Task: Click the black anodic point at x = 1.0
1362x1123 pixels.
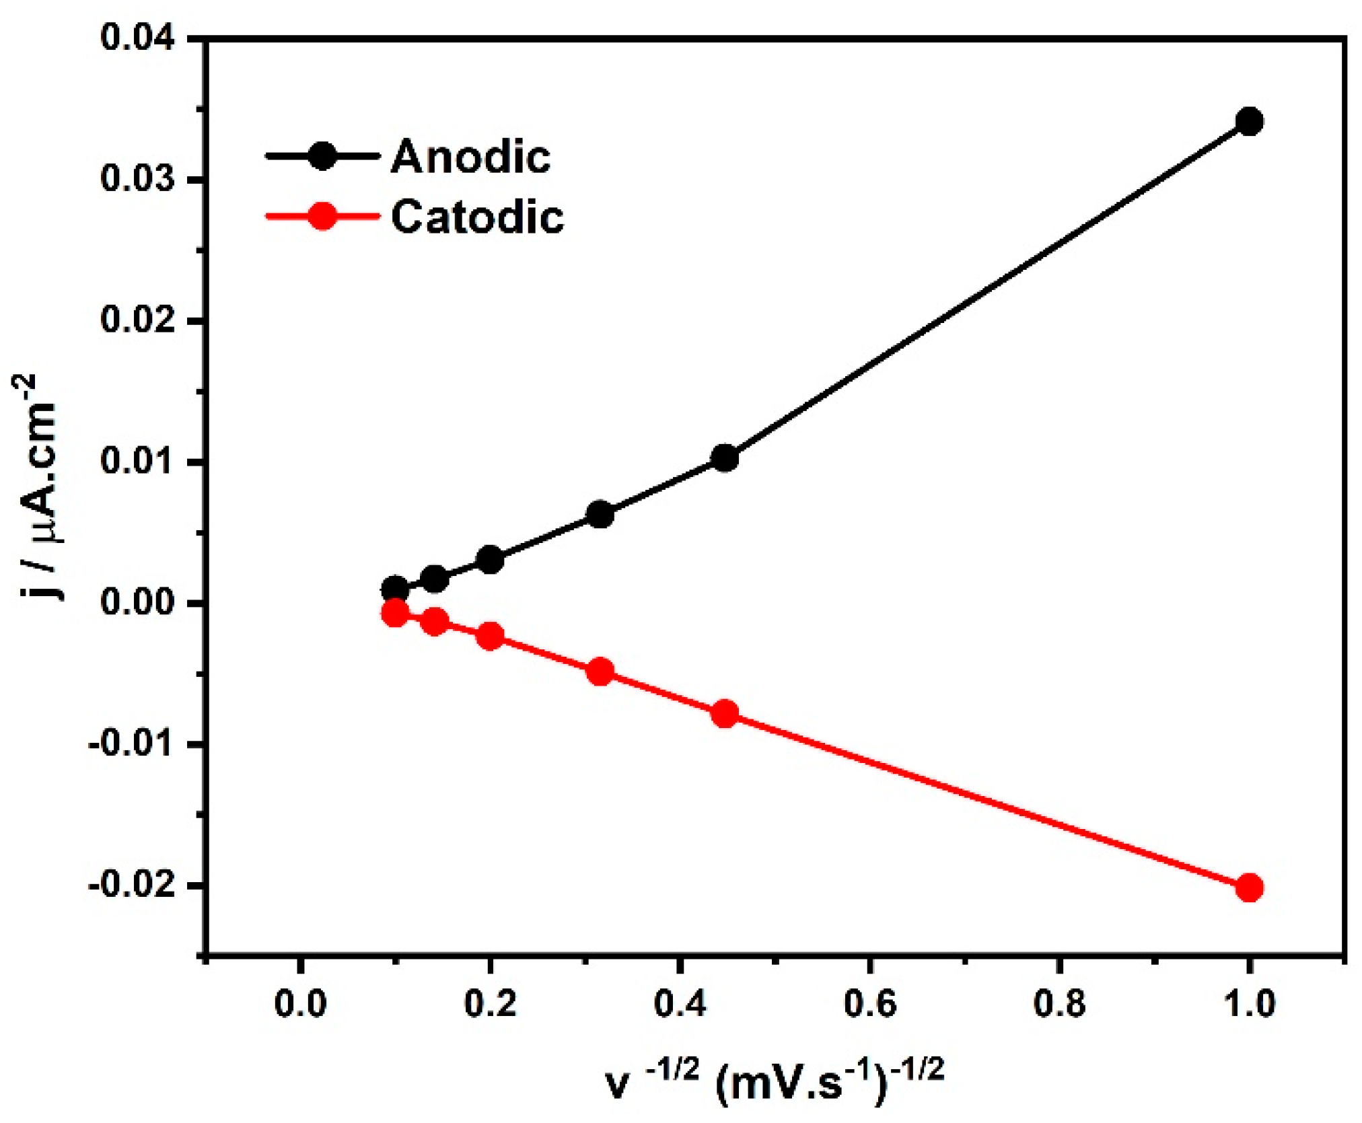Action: (x=1249, y=122)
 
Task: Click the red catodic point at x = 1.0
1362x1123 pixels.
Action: (x=1249, y=888)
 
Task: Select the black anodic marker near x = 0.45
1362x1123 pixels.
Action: (x=724, y=458)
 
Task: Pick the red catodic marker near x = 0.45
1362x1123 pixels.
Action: (x=724, y=713)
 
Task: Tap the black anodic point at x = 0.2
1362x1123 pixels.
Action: (x=491, y=560)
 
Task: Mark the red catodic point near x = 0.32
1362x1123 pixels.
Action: (x=600, y=672)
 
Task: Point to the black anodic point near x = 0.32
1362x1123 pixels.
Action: (x=600, y=515)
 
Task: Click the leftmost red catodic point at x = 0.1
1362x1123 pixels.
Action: (x=395, y=613)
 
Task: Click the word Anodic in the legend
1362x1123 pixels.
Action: (x=470, y=157)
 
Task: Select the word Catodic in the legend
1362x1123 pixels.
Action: (x=477, y=217)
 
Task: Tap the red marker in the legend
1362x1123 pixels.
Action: (x=322, y=217)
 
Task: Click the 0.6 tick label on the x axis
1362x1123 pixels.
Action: (x=870, y=1004)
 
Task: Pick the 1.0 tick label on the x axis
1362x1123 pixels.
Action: (x=1249, y=1004)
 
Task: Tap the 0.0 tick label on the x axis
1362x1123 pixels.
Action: (x=300, y=1004)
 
